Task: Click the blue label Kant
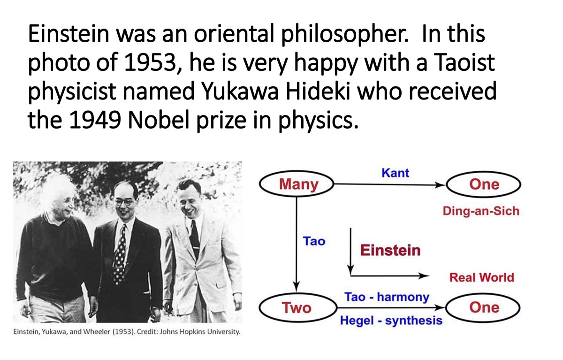coord(395,173)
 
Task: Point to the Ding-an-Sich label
coord(481,211)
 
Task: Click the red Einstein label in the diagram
coord(390,250)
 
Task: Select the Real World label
coord(481,277)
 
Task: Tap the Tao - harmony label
coord(387,297)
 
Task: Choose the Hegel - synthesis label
coord(391,321)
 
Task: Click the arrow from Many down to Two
coord(297,245)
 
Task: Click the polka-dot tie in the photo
coord(120,254)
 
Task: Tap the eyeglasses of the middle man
coord(124,202)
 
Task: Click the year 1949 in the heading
coord(95,120)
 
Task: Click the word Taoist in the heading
coord(464,62)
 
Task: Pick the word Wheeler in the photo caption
coord(97,331)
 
